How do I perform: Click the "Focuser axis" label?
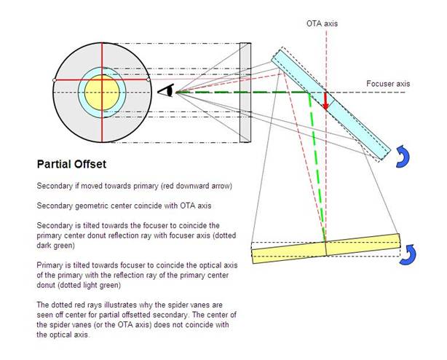click(387, 84)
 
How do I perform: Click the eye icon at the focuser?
click(167, 90)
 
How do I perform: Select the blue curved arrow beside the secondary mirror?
click(403, 155)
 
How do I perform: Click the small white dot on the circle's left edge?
click(55, 79)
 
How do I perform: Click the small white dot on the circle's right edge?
click(150, 79)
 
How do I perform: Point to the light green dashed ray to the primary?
click(317, 168)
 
